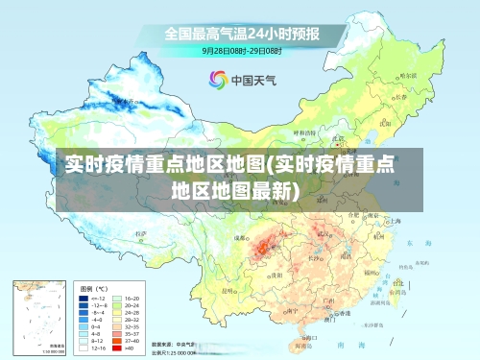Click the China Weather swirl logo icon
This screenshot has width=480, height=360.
point(217,80)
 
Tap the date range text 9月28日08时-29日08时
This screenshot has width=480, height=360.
point(241,50)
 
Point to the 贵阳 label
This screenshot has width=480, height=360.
point(276,274)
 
